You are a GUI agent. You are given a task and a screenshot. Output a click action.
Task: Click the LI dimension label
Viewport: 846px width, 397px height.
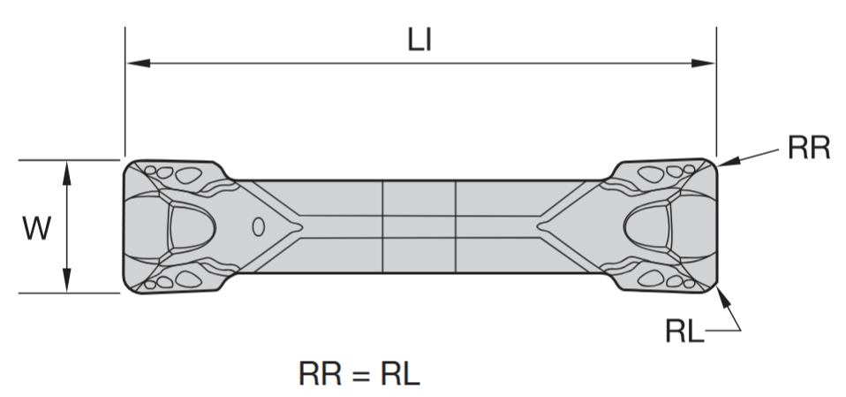point(420,41)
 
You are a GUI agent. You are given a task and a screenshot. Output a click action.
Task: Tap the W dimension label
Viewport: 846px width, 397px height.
point(36,228)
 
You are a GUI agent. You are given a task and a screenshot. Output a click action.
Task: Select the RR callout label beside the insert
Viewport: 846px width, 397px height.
point(809,148)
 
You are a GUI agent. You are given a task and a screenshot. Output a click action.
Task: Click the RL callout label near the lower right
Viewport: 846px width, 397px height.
point(684,332)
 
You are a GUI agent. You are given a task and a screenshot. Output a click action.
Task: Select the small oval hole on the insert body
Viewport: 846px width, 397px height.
point(259,227)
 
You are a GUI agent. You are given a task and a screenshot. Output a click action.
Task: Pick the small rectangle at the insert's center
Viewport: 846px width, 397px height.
point(419,227)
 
